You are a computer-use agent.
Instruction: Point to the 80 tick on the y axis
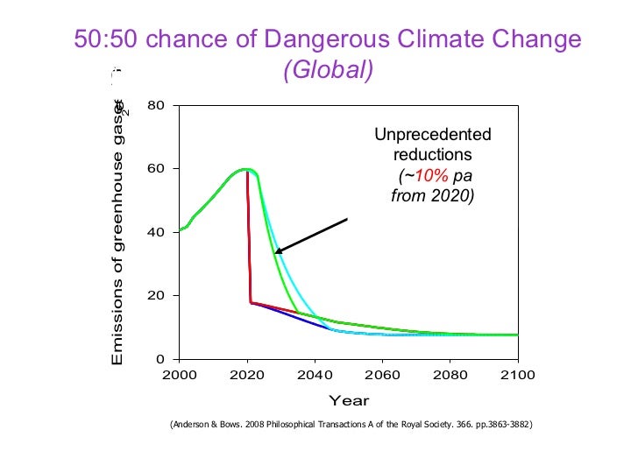click(x=158, y=106)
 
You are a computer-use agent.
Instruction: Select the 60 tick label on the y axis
click(x=158, y=169)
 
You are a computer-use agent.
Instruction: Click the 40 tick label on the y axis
click(x=158, y=233)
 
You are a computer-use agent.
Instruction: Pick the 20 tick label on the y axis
click(x=158, y=296)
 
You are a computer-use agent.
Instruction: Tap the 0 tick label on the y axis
click(x=162, y=359)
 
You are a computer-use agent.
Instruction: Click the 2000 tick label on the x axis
click(x=179, y=376)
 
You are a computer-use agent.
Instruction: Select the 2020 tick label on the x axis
click(x=247, y=376)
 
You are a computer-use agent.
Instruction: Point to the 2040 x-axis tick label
click(x=315, y=376)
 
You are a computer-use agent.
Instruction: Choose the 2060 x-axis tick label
click(x=382, y=376)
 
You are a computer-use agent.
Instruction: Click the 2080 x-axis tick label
click(x=450, y=376)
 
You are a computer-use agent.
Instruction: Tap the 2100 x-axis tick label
click(x=518, y=376)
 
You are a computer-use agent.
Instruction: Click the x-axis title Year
click(x=348, y=401)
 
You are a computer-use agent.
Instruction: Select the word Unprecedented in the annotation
click(x=433, y=135)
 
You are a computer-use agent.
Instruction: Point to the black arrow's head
click(x=277, y=252)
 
